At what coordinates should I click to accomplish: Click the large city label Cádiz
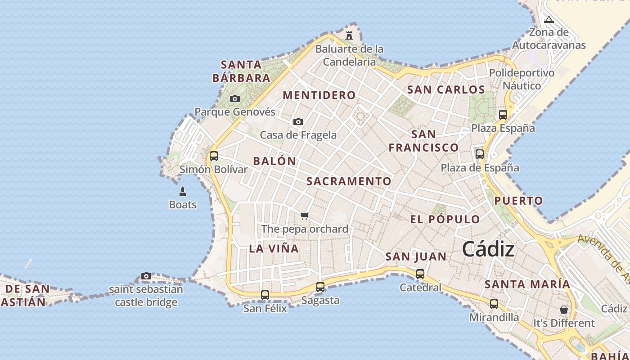pos(488,249)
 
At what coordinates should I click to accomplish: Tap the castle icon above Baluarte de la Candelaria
pos(349,35)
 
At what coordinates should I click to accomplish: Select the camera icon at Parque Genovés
pos(234,99)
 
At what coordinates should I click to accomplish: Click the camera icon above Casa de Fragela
pos(298,121)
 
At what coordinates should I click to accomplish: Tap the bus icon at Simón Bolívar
pos(214,156)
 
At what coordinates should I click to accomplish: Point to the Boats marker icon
pos(183,192)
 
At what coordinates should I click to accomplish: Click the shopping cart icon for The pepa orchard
pos(305,216)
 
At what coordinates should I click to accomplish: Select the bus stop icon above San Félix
pos(265,295)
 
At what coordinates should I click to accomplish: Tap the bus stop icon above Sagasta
pos(320,287)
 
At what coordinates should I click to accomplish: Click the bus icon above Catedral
pos(420,274)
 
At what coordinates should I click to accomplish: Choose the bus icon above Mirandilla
pos(494,304)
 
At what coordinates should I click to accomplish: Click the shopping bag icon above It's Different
pos(563,310)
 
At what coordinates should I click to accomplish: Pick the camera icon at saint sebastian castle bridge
pos(146,276)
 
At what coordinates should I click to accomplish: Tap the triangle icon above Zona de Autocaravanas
pos(549,19)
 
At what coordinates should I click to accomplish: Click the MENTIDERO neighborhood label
pos(319,95)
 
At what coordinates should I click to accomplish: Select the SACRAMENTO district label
pos(349,181)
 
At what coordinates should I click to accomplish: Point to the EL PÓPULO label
pos(445,220)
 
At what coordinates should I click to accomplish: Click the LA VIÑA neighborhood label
pos(274,248)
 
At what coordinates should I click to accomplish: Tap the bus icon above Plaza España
pos(503,115)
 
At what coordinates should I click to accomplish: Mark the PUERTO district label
pos(518,201)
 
